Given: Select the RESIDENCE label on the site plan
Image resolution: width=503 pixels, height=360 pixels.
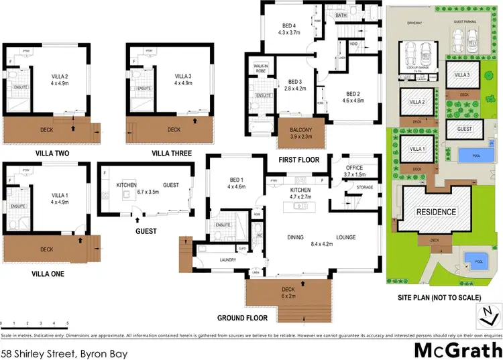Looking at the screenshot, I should (437, 212).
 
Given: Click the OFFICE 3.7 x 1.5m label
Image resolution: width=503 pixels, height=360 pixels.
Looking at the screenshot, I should (353, 170).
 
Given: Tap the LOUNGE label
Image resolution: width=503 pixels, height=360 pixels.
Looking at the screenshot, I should (345, 237).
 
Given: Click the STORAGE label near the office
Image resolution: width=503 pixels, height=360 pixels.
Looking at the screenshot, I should (365, 188).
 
